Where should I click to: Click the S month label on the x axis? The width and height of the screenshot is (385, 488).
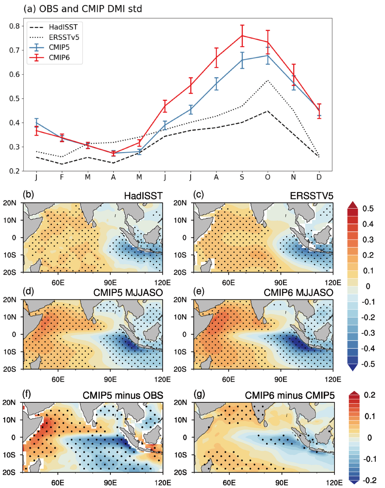coord(242,177)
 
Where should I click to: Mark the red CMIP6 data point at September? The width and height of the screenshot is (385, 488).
coord(242,35)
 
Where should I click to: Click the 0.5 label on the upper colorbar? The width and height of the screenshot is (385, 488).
coord(368,209)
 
